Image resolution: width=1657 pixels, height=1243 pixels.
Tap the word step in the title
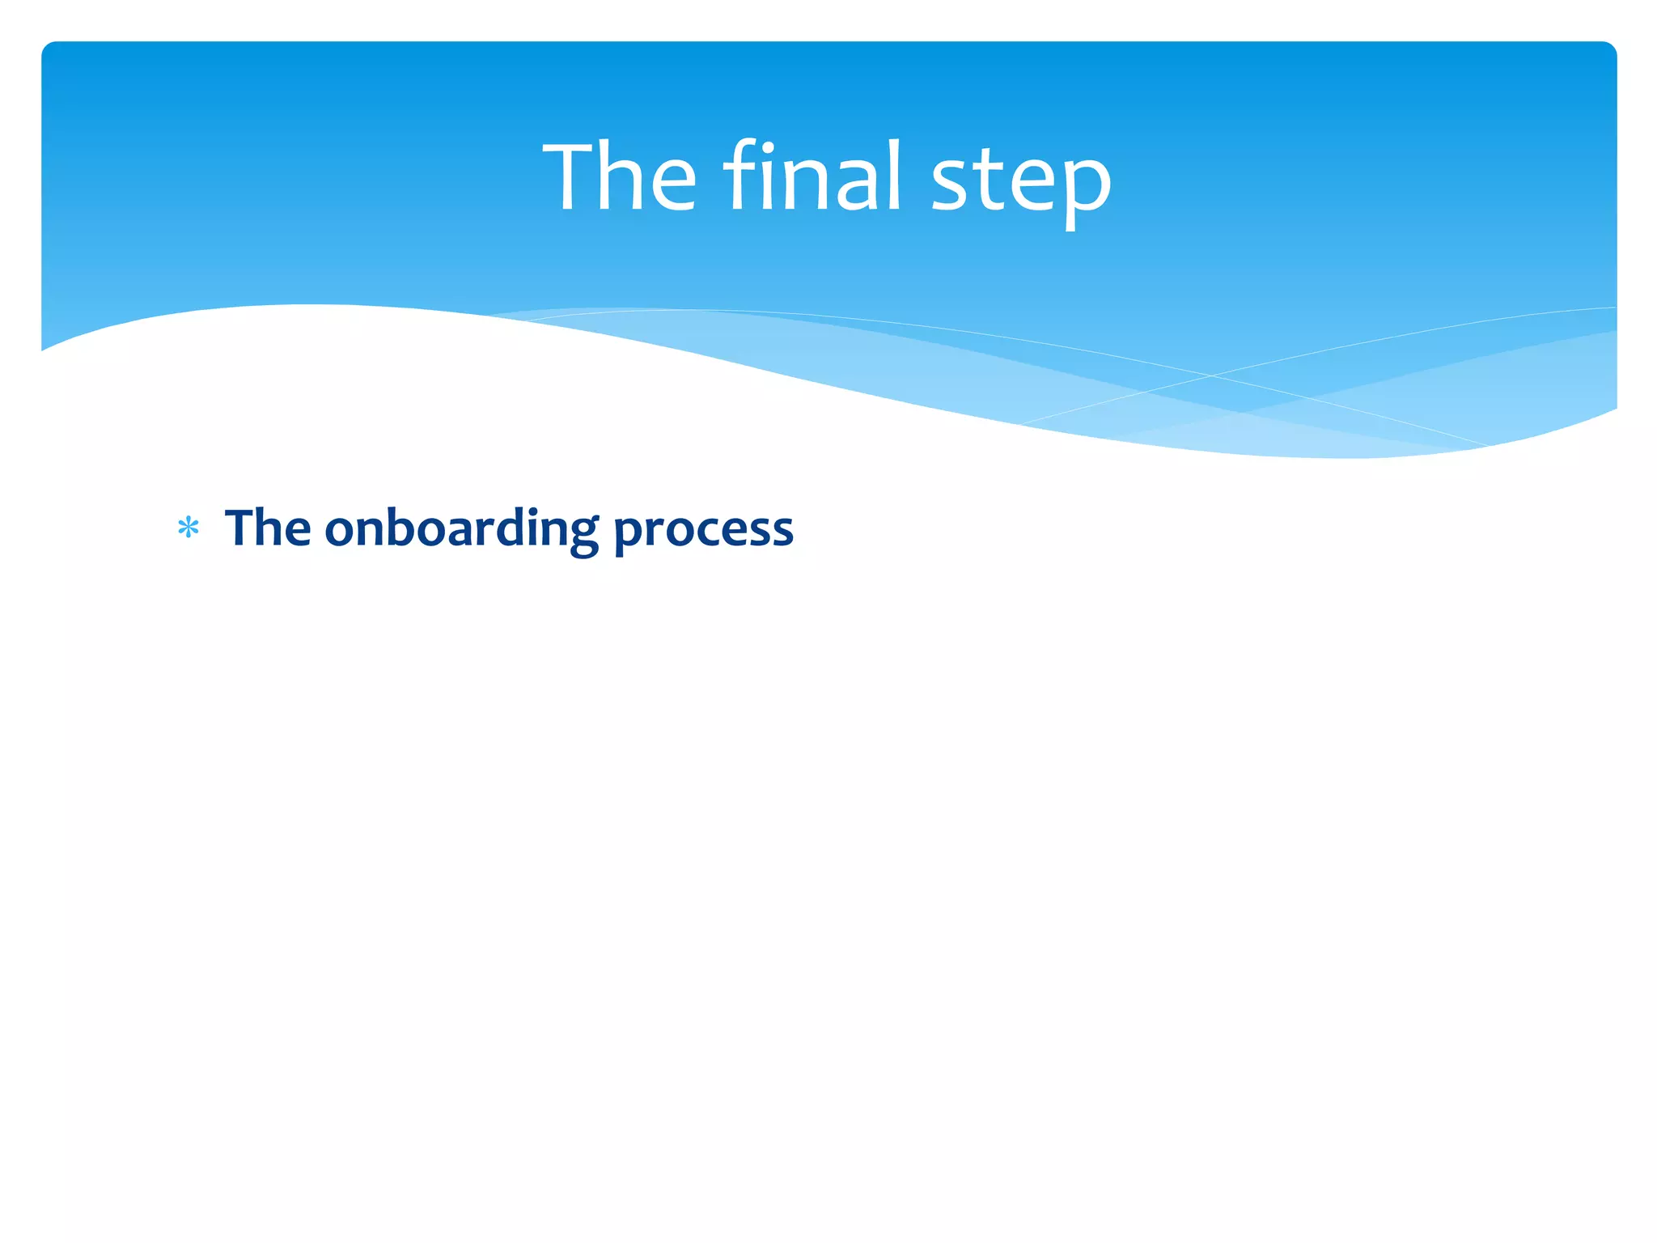1021,182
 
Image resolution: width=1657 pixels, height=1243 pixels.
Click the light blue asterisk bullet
189,529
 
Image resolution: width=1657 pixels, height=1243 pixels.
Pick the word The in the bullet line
268,528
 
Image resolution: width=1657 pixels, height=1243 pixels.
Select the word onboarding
461,529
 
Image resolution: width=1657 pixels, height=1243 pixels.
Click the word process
703,531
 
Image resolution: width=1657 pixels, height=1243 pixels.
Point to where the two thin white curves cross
1211,375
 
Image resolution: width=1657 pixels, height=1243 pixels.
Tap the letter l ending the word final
893,175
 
